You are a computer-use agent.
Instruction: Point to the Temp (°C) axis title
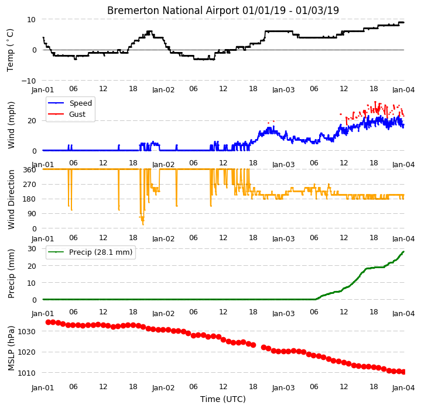click(10, 50)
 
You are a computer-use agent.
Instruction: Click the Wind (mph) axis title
click(11, 125)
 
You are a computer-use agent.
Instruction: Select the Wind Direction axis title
click(11, 199)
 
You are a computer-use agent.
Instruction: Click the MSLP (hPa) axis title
click(11, 348)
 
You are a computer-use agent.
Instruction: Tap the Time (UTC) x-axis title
click(223, 399)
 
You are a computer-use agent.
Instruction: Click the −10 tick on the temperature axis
click(29, 81)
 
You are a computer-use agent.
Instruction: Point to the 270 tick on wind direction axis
click(30, 184)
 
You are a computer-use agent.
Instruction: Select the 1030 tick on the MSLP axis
click(26, 332)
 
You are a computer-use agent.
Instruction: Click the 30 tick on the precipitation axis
click(32, 249)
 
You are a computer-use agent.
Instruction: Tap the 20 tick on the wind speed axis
click(32, 121)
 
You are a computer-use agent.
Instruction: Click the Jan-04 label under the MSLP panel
click(403, 387)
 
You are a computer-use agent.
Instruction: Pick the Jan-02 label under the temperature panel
click(163, 89)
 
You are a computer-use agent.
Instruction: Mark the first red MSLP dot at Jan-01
click(49, 322)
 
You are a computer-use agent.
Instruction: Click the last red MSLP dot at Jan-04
click(403, 372)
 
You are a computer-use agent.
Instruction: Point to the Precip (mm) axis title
click(11, 274)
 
